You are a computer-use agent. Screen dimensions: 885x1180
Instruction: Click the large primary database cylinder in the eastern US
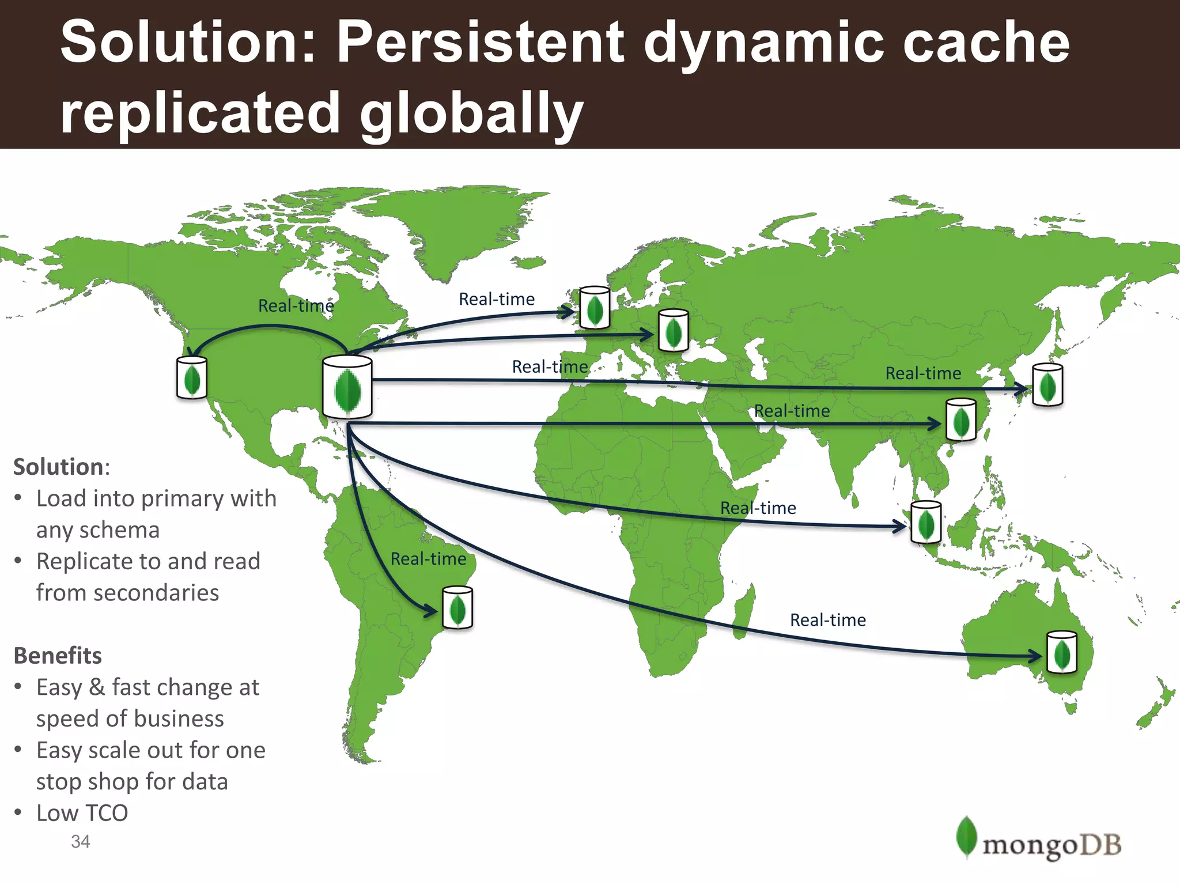[x=347, y=387]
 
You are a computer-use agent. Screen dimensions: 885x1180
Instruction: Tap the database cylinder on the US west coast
[x=192, y=378]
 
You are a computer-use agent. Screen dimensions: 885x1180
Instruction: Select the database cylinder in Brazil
[x=457, y=608]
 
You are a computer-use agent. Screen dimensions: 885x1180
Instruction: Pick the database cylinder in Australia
[x=1061, y=652]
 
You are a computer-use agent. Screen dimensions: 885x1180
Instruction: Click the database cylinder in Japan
[x=1047, y=385]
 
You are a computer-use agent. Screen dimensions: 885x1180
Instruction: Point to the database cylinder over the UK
[x=595, y=308]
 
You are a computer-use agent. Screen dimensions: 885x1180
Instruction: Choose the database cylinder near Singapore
[x=926, y=522]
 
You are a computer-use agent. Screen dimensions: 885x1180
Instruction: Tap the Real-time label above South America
[x=428, y=558]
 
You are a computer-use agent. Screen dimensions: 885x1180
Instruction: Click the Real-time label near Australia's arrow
[x=827, y=620]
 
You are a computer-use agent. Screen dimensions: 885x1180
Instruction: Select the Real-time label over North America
[x=296, y=305]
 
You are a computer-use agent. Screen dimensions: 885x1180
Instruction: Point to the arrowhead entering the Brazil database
[x=432, y=610]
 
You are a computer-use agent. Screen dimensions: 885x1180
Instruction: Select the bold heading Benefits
[x=58, y=656]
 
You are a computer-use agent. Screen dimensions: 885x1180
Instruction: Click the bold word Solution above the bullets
[x=58, y=467]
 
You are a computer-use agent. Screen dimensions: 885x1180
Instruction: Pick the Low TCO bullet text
[x=82, y=813]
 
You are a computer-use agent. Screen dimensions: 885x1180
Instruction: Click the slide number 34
[x=81, y=841]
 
